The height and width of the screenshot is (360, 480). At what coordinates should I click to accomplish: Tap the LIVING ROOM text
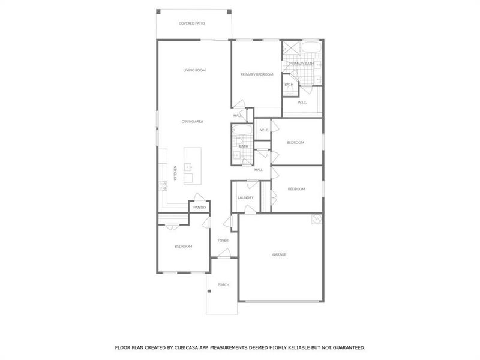pyautogui.click(x=194, y=70)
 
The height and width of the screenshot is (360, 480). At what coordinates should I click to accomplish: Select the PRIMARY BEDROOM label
pyautogui.click(x=257, y=74)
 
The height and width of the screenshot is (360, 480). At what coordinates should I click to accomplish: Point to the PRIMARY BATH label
pyautogui.click(x=301, y=64)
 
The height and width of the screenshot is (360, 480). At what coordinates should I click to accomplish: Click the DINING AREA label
pyautogui.click(x=193, y=121)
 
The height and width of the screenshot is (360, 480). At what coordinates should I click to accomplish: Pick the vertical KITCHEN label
pyautogui.click(x=175, y=173)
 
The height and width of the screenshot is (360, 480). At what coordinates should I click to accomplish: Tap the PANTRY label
pyautogui.click(x=200, y=208)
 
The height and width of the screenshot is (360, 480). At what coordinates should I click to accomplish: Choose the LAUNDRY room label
pyautogui.click(x=245, y=197)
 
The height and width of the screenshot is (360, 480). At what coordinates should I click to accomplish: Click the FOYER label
pyautogui.click(x=223, y=241)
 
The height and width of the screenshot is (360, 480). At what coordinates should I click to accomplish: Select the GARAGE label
pyautogui.click(x=280, y=254)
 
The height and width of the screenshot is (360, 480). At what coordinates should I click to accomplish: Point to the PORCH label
pyautogui.click(x=223, y=284)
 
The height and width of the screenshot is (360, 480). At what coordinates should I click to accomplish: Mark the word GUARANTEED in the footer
pyautogui.click(x=346, y=347)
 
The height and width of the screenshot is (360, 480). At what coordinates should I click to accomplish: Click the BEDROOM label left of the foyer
pyautogui.click(x=183, y=246)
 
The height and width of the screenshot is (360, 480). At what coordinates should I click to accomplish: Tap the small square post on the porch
pyautogui.click(x=209, y=291)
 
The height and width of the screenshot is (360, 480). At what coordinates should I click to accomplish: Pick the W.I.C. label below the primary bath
pyautogui.click(x=302, y=102)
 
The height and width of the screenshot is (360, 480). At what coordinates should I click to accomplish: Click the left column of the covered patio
pyautogui.click(x=158, y=11)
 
